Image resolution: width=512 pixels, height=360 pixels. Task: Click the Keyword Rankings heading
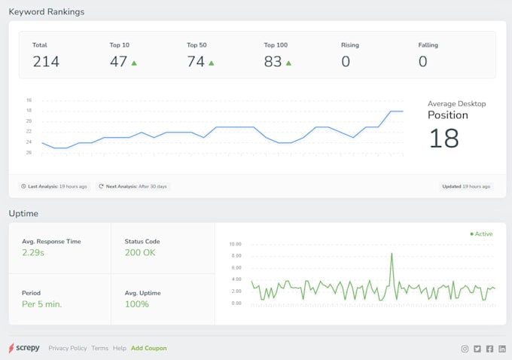[47, 12]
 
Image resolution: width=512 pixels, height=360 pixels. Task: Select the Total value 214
[46, 62]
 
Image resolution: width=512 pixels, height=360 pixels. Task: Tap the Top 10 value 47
[118, 62]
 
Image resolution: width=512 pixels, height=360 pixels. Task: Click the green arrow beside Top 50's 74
[212, 63]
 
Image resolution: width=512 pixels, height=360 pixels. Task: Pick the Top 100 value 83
[273, 62]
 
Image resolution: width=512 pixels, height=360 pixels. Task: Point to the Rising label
[350, 45]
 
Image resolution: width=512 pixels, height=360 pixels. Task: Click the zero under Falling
[422, 62]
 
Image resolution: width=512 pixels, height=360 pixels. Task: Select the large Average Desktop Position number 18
[443, 138]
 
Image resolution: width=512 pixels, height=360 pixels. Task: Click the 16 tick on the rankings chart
[29, 100]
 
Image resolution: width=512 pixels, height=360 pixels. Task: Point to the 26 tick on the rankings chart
[29, 153]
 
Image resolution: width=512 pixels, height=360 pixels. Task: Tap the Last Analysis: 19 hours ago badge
[54, 186]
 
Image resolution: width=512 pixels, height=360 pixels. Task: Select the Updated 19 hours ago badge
[466, 186]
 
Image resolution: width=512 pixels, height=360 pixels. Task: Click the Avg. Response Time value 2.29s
[33, 253]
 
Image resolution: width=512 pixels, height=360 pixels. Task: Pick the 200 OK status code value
[140, 253]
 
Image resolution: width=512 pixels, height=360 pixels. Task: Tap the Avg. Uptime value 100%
[137, 304]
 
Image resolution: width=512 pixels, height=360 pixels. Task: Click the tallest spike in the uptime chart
[392, 255]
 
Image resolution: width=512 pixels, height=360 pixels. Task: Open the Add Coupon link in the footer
[149, 349]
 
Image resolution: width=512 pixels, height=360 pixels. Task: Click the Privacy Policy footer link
[68, 349]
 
